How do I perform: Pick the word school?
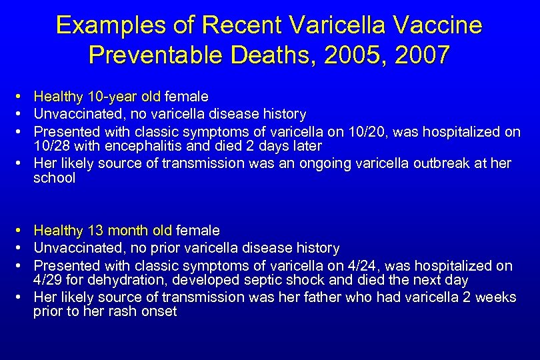55,178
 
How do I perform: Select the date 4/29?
47,280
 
